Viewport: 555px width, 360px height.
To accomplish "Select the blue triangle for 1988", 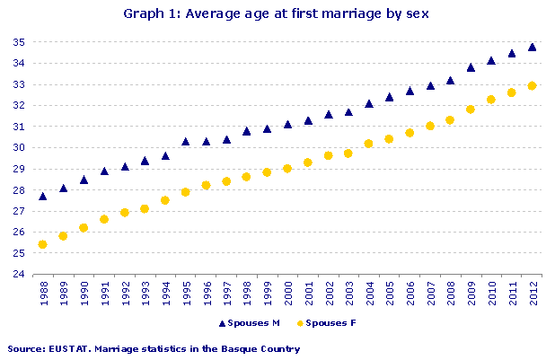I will pos(43,196).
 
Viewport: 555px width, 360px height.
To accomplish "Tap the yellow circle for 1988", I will pos(43,244).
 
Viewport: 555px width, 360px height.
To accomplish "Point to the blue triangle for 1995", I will pos(186,141).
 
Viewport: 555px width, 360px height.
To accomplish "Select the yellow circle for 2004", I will pos(369,144).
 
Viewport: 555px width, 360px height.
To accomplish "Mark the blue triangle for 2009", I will pos(471,66).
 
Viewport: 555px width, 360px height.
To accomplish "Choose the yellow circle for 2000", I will pos(287,169).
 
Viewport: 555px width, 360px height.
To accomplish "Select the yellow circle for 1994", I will pos(165,200).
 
